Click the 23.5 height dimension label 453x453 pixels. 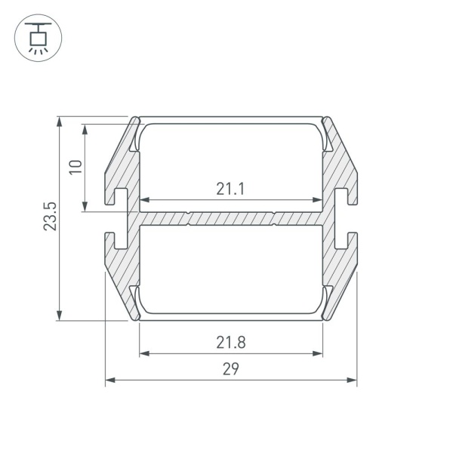tap(50, 217)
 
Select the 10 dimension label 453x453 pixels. tap(75, 167)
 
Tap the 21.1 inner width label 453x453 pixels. tap(230, 189)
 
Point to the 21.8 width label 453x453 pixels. tap(231, 342)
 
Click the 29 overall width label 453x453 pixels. tap(231, 369)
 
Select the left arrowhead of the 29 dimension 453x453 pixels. tap(110, 380)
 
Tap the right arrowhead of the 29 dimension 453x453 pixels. tap(352, 380)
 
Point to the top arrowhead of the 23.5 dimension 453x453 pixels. tap(59, 122)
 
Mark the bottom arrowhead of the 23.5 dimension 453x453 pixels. tap(59, 315)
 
